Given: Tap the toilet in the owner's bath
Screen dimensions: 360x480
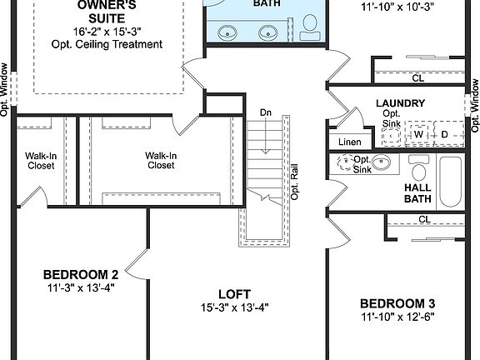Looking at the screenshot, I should click(x=309, y=30).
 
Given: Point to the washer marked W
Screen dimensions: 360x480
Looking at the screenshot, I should click(x=419, y=134).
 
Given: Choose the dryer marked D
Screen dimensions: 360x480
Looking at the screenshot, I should click(x=444, y=134).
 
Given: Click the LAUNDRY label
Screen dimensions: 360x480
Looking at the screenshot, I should click(x=400, y=104).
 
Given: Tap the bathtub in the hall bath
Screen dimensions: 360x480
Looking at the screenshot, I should click(x=451, y=182).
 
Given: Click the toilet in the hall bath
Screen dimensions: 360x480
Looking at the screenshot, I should click(x=419, y=172).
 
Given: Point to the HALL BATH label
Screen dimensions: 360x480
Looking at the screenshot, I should click(x=417, y=193).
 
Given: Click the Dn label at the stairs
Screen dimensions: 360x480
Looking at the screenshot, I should click(x=265, y=112).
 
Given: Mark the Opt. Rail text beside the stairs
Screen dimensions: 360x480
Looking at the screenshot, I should click(x=294, y=181).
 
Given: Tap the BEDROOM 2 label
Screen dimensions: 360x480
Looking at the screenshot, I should click(x=80, y=274).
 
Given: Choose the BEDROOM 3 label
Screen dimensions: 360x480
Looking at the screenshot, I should click(x=398, y=303).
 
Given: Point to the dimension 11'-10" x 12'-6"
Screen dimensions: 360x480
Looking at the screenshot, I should click(x=398, y=317).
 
